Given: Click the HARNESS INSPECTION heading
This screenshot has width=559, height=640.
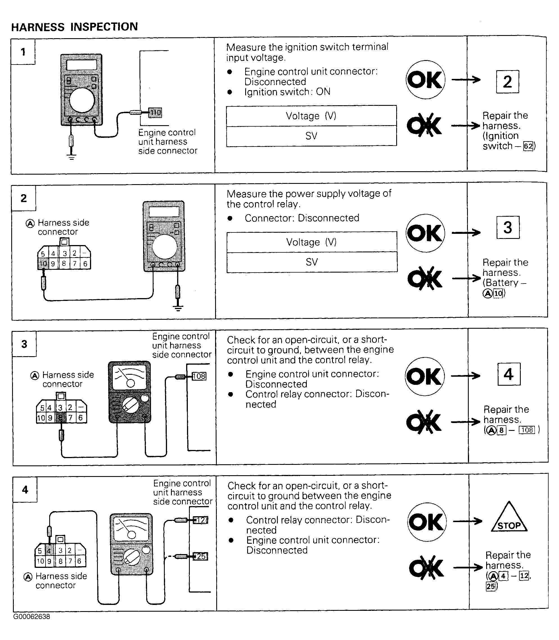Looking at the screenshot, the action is click(75, 27).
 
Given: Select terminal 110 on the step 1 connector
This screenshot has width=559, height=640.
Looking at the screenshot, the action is click(155, 113).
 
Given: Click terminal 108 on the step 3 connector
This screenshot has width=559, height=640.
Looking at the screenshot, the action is click(199, 376).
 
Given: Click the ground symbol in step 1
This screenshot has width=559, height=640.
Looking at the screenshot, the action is click(71, 156).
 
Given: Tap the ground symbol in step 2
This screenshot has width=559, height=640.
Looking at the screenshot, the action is click(178, 308).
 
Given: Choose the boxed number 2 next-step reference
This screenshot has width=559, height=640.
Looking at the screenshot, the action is click(508, 82).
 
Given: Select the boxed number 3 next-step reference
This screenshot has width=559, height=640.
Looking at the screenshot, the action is click(508, 227).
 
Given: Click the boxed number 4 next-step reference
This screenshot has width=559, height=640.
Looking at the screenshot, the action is click(509, 374).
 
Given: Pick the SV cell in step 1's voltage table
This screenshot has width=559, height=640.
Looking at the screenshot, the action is click(311, 136).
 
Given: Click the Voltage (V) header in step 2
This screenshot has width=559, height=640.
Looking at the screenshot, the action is click(312, 242).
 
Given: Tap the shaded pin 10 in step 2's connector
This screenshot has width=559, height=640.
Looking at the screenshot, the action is click(43, 264).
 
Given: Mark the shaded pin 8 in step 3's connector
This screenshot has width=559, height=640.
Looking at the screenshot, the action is click(61, 418).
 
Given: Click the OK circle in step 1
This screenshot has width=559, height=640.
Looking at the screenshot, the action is click(425, 80).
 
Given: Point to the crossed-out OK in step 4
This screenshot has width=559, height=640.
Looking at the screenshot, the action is click(426, 568).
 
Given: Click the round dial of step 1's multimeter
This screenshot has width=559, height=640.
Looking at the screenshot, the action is click(82, 100).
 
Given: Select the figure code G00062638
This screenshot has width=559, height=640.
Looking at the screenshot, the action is click(31, 617).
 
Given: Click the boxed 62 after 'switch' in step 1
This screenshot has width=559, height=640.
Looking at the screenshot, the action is click(528, 146).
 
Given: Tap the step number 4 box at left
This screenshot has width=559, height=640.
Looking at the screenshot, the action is click(25, 490).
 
